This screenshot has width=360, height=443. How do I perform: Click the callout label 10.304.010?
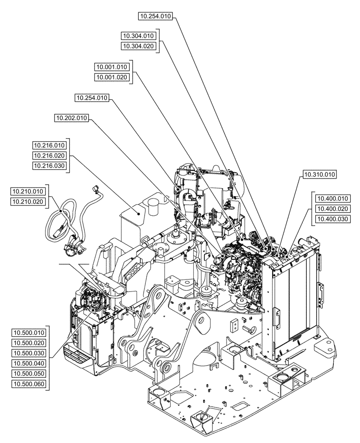point(138,36)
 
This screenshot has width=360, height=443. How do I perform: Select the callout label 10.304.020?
point(138,46)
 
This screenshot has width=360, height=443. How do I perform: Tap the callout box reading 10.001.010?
point(112,67)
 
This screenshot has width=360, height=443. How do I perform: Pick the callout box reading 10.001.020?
point(112,78)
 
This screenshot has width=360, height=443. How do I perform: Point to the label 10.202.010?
point(71,118)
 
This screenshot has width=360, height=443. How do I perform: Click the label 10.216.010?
point(49,145)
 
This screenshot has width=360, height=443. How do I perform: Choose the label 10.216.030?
point(49,166)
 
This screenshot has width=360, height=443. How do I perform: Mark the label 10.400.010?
point(333,198)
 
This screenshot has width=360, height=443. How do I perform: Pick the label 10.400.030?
point(333,219)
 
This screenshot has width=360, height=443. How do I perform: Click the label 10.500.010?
point(29,333)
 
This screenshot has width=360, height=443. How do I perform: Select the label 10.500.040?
point(29,363)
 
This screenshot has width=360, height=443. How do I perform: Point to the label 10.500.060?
point(29,384)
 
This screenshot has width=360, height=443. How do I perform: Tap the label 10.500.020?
point(29,343)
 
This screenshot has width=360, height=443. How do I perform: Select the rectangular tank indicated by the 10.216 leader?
point(137,226)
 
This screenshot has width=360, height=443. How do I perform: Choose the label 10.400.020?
point(333,209)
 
